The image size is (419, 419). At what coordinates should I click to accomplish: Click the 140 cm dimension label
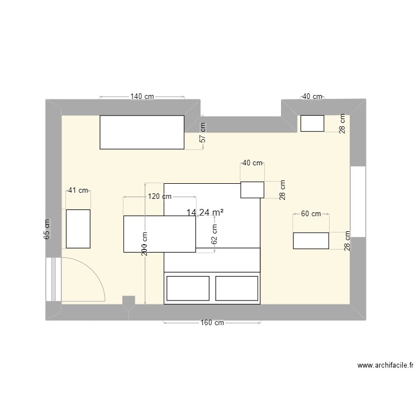click(x=142, y=96)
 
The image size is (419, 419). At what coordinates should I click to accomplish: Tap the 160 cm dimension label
click(x=212, y=323)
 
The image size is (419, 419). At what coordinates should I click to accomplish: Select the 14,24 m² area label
click(x=205, y=212)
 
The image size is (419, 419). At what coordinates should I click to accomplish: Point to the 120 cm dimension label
click(x=159, y=197)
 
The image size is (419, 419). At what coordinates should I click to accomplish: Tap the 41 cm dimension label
click(x=78, y=190)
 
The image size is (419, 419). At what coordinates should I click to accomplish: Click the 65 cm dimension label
click(x=47, y=230)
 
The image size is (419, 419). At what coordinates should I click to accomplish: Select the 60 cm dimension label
click(x=311, y=213)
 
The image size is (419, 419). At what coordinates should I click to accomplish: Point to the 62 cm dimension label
click(x=215, y=233)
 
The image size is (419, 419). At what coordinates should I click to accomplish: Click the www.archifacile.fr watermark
click(x=385, y=365)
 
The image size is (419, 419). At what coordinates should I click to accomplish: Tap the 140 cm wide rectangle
click(x=142, y=132)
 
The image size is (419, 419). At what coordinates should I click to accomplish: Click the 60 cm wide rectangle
click(x=311, y=240)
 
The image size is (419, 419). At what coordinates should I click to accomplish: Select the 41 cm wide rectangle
click(x=78, y=228)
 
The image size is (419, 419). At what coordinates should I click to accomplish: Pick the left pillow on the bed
click(x=188, y=288)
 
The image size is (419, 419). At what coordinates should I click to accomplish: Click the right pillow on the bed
click(x=237, y=288)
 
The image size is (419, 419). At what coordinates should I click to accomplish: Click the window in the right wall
click(x=358, y=201)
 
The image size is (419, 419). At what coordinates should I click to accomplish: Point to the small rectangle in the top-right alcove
click(x=312, y=123)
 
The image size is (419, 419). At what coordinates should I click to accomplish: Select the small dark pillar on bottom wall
click(x=129, y=302)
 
